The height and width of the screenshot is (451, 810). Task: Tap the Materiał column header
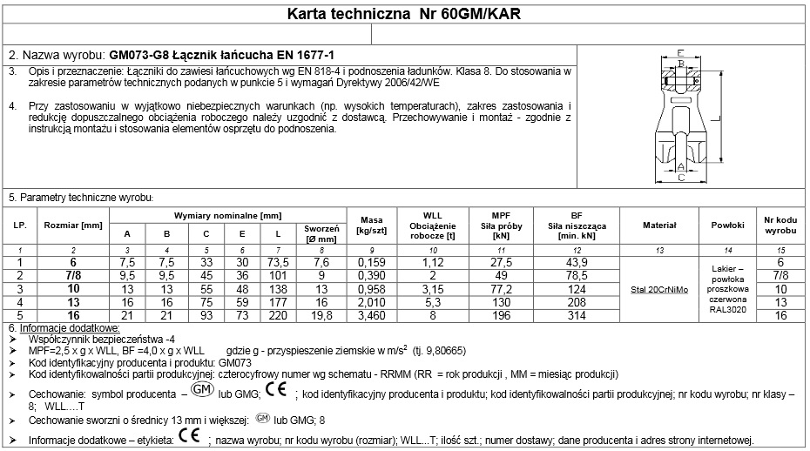[659, 225]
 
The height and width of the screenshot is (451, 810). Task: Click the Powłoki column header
[726, 225]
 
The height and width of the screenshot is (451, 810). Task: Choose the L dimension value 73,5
[278, 262]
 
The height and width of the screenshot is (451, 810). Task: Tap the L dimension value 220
[278, 314]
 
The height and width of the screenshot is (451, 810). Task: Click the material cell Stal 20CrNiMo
[659, 288]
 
